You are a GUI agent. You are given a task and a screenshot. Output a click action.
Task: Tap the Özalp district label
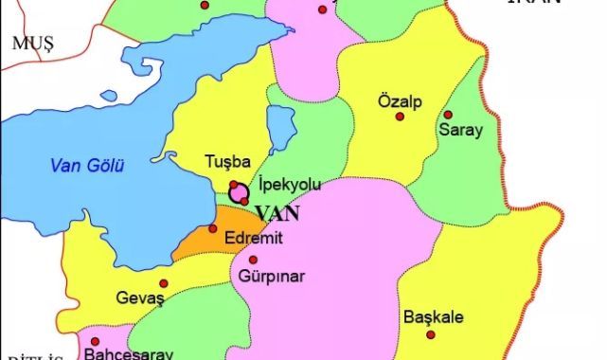coord(399,101)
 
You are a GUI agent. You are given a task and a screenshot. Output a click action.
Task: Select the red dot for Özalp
coord(400,117)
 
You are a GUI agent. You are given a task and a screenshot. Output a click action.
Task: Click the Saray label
coord(460,130)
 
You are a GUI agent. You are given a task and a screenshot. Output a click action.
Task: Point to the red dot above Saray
coord(448,115)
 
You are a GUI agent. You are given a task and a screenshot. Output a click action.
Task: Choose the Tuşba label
coord(225,164)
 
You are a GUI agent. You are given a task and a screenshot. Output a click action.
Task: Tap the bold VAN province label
coord(277,212)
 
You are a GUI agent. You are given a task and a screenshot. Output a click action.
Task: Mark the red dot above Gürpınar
coord(253,259)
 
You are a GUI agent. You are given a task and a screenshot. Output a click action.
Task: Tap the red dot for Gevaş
coord(164,283)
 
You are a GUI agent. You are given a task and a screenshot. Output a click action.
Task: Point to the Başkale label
coord(433,316)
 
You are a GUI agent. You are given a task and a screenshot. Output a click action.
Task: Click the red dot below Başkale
coord(431,333)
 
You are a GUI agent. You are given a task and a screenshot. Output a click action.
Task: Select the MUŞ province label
coord(30,42)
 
